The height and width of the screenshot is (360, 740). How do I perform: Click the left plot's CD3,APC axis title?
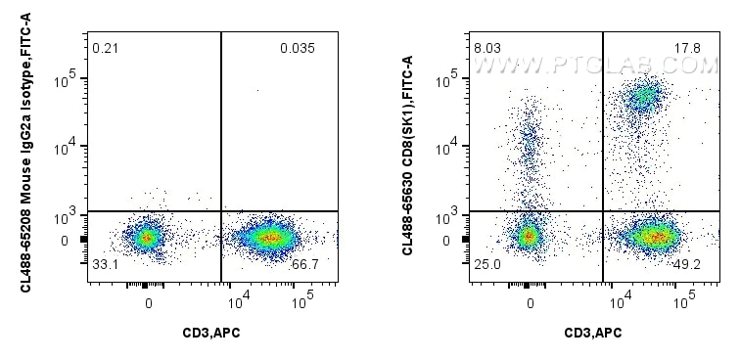(212, 334)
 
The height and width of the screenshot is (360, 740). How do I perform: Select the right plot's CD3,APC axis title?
(594, 334)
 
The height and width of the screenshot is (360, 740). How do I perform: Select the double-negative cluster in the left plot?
(147, 236)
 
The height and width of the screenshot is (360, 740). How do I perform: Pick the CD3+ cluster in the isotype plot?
(268, 236)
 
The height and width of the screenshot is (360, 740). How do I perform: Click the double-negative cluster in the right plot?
(530, 235)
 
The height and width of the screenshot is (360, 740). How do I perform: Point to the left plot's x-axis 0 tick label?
(149, 302)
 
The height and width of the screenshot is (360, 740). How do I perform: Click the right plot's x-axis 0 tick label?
(531, 302)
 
